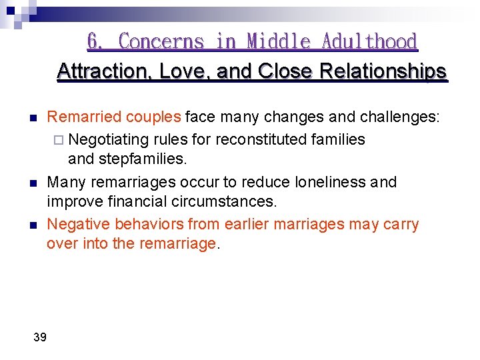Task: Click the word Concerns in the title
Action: coord(161,42)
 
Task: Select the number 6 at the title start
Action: coord(94,42)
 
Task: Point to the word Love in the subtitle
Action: coord(186,71)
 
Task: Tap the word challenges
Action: coord(399,117)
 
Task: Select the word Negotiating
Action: coord(109,139)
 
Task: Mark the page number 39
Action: coord(40,337)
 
